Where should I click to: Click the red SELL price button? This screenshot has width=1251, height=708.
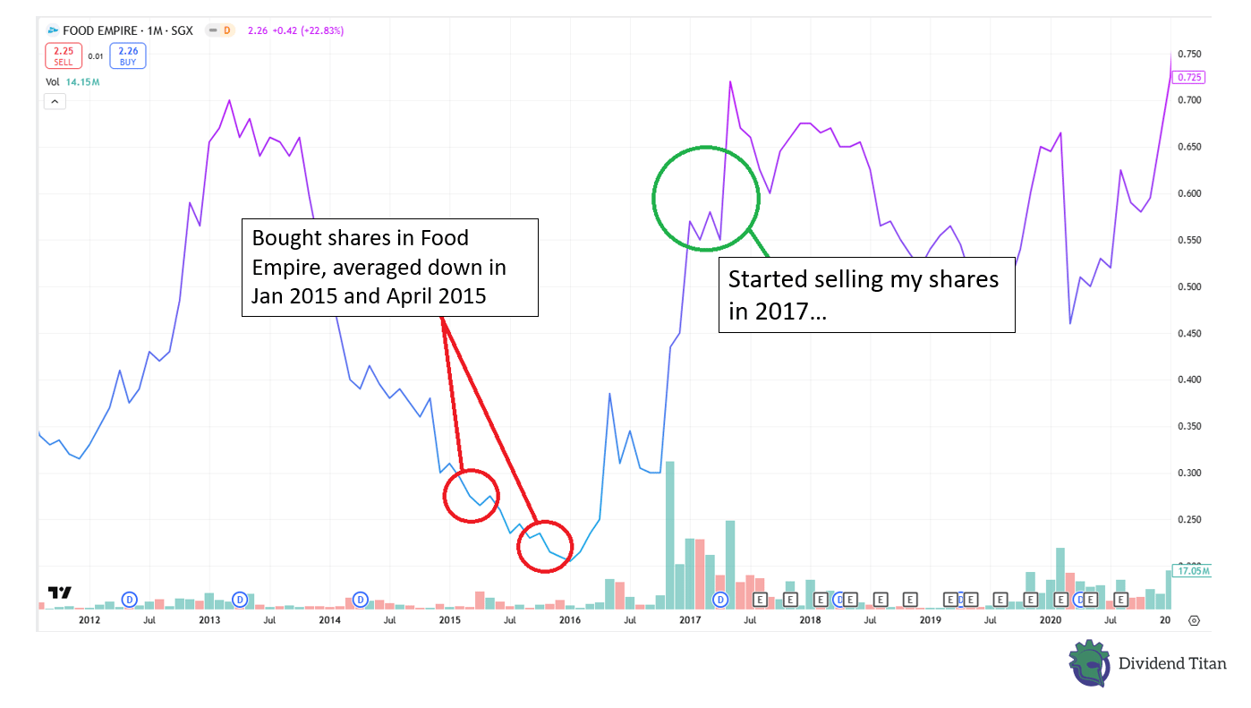pyautogui.click(x=63, y=56)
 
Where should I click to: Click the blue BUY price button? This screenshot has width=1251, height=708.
pyautogui.click(x=129, y=56)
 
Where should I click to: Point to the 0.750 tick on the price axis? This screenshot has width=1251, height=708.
pyautogui.click(x=1189, y=55)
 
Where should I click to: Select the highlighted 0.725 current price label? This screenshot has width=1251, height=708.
pyautogui.click(x=1190, y=77)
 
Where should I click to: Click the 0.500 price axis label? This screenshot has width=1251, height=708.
pyautogui.click(x=1189, y=287)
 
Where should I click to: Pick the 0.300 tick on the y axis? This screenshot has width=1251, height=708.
pyautogui.click(x=1189, y=473)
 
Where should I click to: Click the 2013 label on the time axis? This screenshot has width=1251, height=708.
pyautogui.click(x=208, y=619)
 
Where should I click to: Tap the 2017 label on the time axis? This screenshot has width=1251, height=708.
pyautogui.click(x=690, y=619)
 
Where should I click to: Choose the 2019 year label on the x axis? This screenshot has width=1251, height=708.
pyautogui.click(x=931, y=619)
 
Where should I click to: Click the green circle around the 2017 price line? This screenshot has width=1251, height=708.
pyautogui.click(x=706, y=197)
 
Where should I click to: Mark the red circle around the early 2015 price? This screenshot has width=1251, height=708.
pyautogui.click(x=472, y=496)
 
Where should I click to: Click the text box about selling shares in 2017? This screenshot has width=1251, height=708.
pyautogui.click(x=867, y=295)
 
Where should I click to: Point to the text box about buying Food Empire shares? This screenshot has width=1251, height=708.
pyautogui.click(x=390, y=267)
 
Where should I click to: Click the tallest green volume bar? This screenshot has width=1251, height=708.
pyautogui.click(x=670, y=534)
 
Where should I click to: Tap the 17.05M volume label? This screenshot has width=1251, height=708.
pyautogui.click(x=1194, y=570)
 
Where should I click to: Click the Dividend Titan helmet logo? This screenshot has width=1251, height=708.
pyautogui.click(x=1089, y=663)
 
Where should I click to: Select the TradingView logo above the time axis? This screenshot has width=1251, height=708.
pyautogui.click(x=60, y=593)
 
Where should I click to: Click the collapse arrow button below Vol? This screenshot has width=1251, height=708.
pyautogui.click(x=55, y=101)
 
